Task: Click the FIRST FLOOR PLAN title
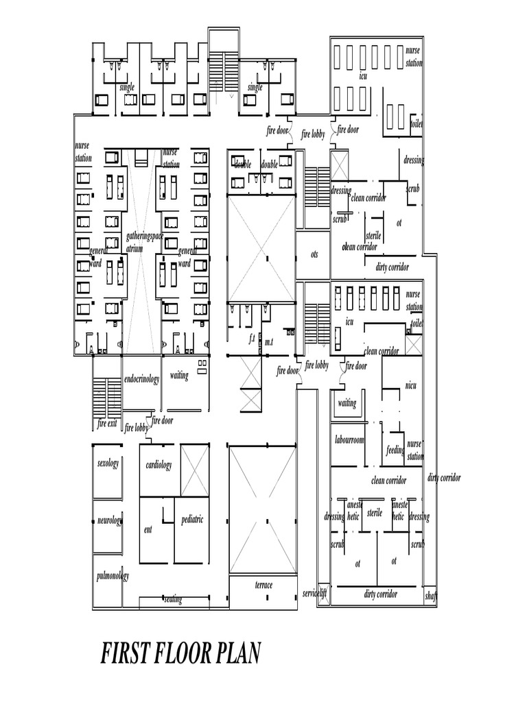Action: pyautogui.click(x=181, y=653)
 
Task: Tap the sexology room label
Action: pyautogui.click(x=108, y=463)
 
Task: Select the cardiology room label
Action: pyautogui.click(x=159, y=465)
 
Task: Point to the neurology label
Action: pyautogui.click(x=109, y=521)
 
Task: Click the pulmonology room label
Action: pyautogui.click(x=112, y=576)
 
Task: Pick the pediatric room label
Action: pyautogui.click(x=192, y=520)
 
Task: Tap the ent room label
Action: pyautogui.click(x=148, y=529)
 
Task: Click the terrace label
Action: pyautogui.click(x=263, y=585)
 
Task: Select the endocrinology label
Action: pyautogui.click(x=141, y=379)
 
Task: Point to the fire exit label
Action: pyautogui.click(x=108, y=424)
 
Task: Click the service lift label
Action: pyautogui.click(x=314, y=594)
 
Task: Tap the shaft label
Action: pyautogui.click(x=431, y=596)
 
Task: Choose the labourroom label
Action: pyautogui.click(x=349, y=439)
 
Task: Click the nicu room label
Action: pyautogui.click(x=410, y=386)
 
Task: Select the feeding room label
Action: pyautogui.click(x=395, y=450)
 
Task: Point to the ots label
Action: pyautogui.click(x=314, y=254)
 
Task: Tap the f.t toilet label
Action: pyautogui.click(x=252, y=339)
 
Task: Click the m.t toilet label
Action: pyautogui.click(x=269, y=341)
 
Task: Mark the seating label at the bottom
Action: pyautogui.click(x=173, y=600)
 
